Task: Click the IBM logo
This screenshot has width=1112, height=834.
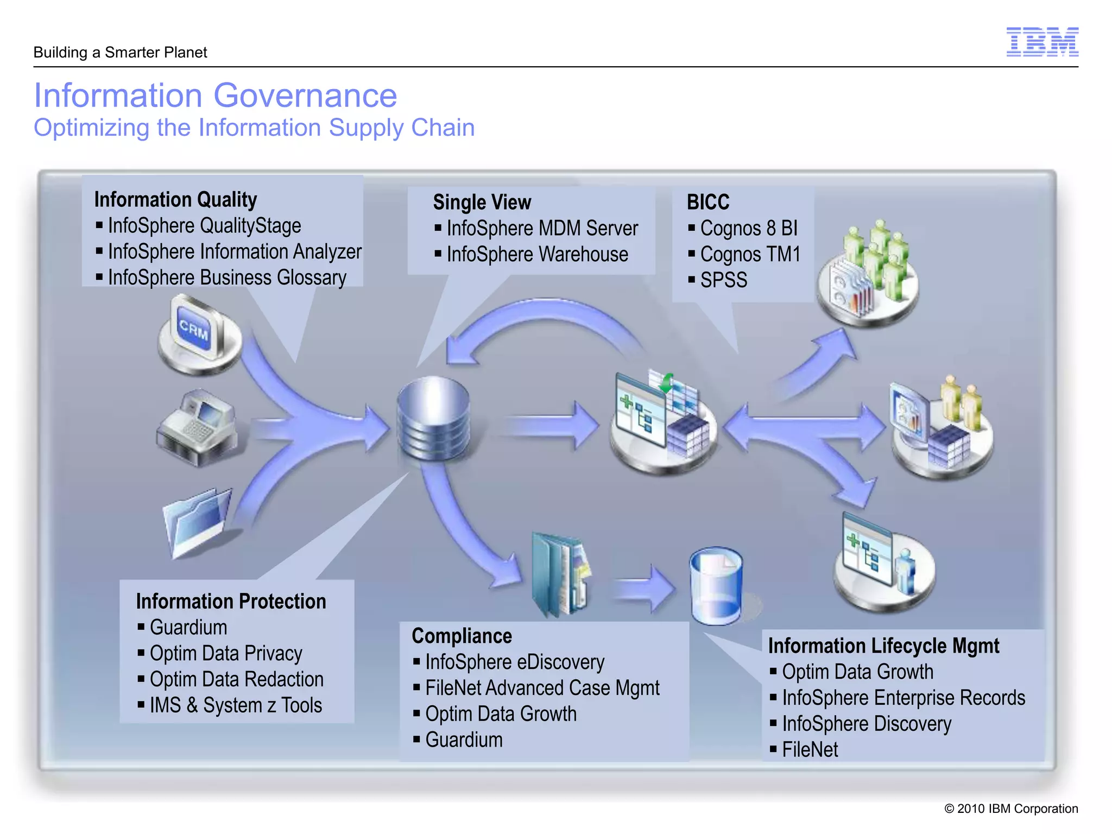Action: point(1042,42)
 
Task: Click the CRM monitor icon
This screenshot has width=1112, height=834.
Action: point(198,332)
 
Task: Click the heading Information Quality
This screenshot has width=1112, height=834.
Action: point(175,199)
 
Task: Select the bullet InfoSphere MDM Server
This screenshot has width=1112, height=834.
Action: point(542,228)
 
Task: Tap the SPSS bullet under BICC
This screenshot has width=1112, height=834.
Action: point(723,280)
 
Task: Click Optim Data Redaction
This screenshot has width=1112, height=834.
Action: point(236,679)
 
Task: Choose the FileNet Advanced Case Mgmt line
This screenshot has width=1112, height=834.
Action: point(542,688)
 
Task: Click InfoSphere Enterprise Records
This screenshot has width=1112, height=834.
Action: point(903,698)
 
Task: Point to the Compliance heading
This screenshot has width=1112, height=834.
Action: point(462,636)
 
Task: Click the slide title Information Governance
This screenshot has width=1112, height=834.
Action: point(216,96)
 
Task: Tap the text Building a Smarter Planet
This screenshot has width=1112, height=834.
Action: point(120,53)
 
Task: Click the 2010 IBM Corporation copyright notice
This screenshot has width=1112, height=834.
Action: point(1011,808)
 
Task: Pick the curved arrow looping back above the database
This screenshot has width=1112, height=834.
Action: point(543,320)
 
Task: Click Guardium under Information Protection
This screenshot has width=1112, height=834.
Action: point(188,627)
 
